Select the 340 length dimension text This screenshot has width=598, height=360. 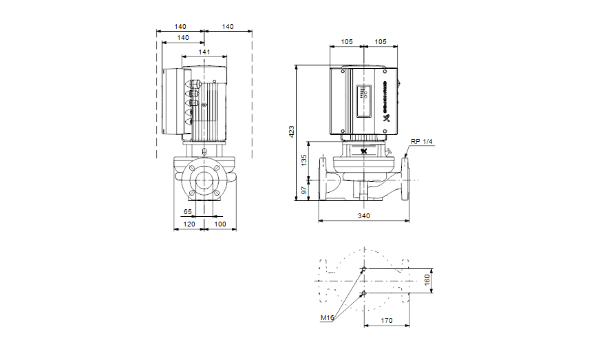click(x=364, y=216)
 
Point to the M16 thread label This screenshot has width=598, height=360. click(x=327, y=319)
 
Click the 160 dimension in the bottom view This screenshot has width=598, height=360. click(x=427, y=281)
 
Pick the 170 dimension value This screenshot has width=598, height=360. click(x=387, y=320)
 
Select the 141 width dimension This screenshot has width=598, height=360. click(x=204, y=52)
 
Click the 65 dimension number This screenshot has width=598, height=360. click(x=187, y=212)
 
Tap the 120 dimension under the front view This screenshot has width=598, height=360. click(x=187, y=224)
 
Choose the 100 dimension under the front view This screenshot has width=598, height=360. click(x=220, y=224)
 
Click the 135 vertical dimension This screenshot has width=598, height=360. click(x=304, y=160)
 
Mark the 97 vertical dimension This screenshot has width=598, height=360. click(x=304, y=190)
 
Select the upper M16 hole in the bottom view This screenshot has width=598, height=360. click(x=364, y=268)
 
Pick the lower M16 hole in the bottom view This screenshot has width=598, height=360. click(x=364, y=295)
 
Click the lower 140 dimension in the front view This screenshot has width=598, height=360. click(x=183, y=37)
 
